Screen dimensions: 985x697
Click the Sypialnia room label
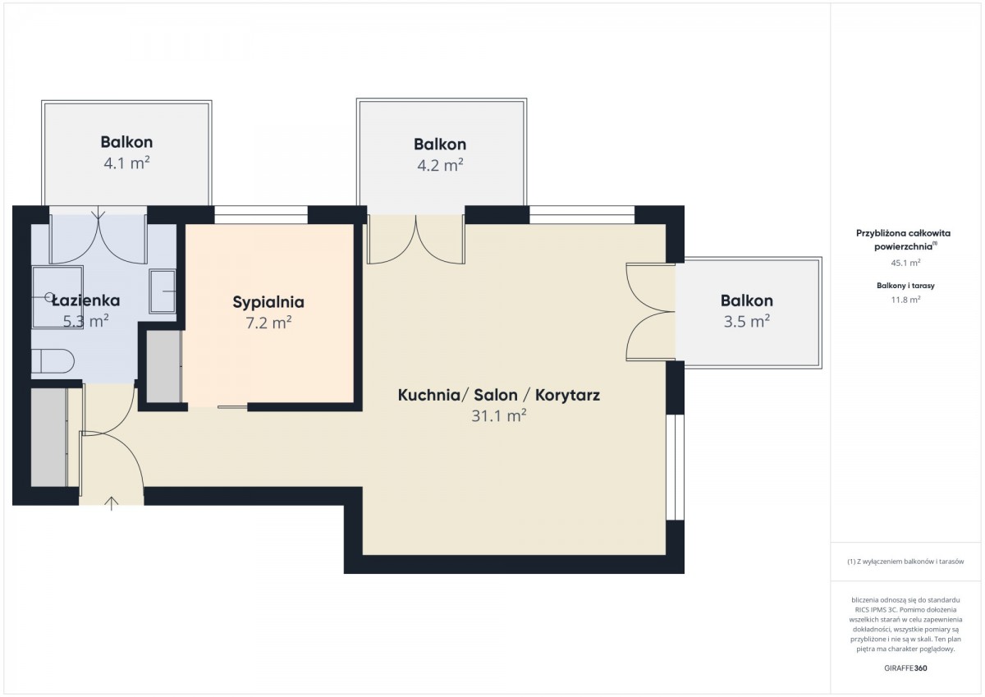click(268, 302)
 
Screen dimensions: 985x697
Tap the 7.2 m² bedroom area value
click(268, 323)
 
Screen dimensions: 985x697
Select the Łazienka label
click(85, 300)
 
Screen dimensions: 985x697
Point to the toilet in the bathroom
click(53, 361)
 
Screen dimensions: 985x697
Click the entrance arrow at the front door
click(112, 503)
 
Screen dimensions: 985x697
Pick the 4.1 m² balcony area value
click(126, 163)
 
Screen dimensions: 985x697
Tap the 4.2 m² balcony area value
click(440, 165)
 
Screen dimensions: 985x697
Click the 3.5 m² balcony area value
click(747, 322)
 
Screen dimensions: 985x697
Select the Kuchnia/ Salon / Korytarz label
click(499, 395)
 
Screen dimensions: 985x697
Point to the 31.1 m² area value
click(499, 415)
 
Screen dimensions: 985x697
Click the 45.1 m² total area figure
click(905, 263)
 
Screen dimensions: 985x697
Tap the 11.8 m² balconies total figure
click(905, 300)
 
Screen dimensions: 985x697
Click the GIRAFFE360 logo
click(905, 668)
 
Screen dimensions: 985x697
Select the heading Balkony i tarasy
click(905, 286)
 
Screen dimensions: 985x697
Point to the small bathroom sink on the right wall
click(163, 291)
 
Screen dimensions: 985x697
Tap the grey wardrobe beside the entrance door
click(48, 437)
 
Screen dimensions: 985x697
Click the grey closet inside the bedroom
click(163, 366)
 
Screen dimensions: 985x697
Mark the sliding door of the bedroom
click(232, 407)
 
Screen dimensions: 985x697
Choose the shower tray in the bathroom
click(57, 297)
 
